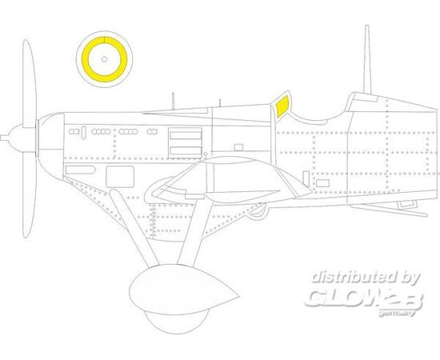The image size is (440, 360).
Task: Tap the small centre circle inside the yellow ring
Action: (x=104, y=59)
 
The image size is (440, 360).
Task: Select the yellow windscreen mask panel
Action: (x=282, y=106)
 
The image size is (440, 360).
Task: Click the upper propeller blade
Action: (x=29, y=84)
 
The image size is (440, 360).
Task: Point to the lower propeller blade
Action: (x=29, y=197)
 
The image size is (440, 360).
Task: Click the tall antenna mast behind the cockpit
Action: (x=367, y=59)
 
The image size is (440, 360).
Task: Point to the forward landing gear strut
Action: (x=134, y=227)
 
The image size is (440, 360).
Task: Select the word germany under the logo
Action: (x=397, y=313)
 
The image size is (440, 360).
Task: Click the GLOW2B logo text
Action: (x=363, y=298)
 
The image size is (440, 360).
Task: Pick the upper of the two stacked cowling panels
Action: (x=186, y=136)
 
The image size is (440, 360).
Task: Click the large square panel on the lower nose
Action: (x=120, y=177)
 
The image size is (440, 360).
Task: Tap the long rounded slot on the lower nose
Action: (x=80, y=170)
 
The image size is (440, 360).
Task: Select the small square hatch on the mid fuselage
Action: (x=238, y=147)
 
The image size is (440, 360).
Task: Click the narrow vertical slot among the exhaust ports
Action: (x=84, y=132)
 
